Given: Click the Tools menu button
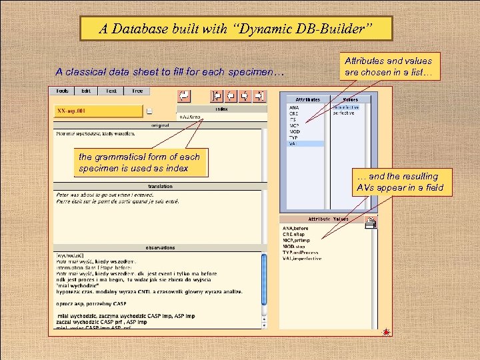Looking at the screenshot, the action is coord(62,91).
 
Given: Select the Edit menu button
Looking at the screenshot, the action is coord(86,91).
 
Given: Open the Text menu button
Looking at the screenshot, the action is coord(111,91).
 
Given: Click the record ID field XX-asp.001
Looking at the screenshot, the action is coord(98,111).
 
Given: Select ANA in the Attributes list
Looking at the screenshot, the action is coord(294,107).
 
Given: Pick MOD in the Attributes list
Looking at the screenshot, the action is coord(295,131).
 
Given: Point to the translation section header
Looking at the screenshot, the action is coord(160,186).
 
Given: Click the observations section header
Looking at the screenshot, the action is coord(160,247).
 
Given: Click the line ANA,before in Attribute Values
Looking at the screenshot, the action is coord(296,229).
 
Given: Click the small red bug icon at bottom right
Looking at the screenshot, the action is coord(385,331).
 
